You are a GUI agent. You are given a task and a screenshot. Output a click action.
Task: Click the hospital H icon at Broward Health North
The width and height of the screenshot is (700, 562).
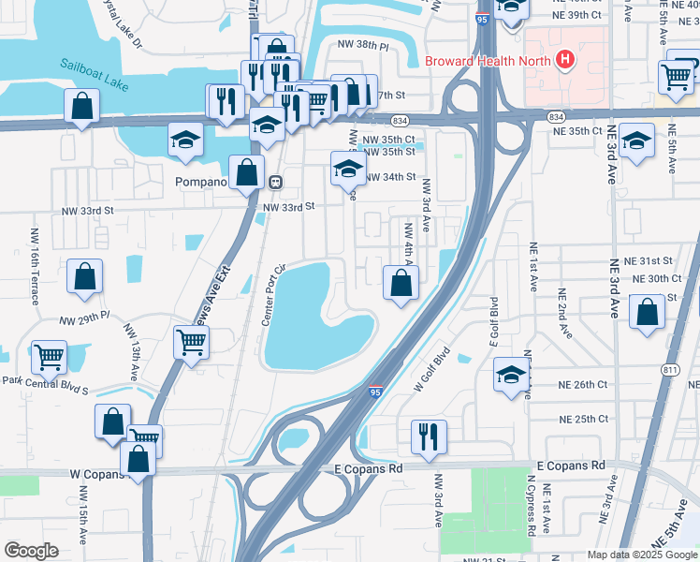[564, 60]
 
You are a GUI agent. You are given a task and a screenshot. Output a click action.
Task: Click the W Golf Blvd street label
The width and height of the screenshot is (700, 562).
[432, 369]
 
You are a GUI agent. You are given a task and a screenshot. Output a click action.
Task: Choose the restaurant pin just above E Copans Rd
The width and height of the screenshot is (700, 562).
[429, 436]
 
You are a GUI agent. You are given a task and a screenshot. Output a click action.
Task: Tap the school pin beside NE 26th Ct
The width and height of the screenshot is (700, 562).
[510, 376]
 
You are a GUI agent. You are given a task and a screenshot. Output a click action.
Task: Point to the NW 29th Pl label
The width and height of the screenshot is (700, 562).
[84, 320]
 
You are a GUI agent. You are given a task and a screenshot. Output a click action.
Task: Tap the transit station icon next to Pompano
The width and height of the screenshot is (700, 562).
[275, 181]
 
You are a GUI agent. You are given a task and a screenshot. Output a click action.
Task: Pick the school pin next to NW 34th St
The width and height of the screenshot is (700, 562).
[348, 170]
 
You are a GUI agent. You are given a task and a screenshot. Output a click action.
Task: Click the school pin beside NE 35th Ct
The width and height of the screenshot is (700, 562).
[637, 141]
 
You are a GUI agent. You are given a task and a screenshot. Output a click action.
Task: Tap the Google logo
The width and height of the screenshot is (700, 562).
[32, 551]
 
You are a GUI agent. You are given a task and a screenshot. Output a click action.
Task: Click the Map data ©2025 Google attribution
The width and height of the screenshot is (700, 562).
[641, 555]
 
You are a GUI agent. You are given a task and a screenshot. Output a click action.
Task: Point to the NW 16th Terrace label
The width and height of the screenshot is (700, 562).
[35, 266]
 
